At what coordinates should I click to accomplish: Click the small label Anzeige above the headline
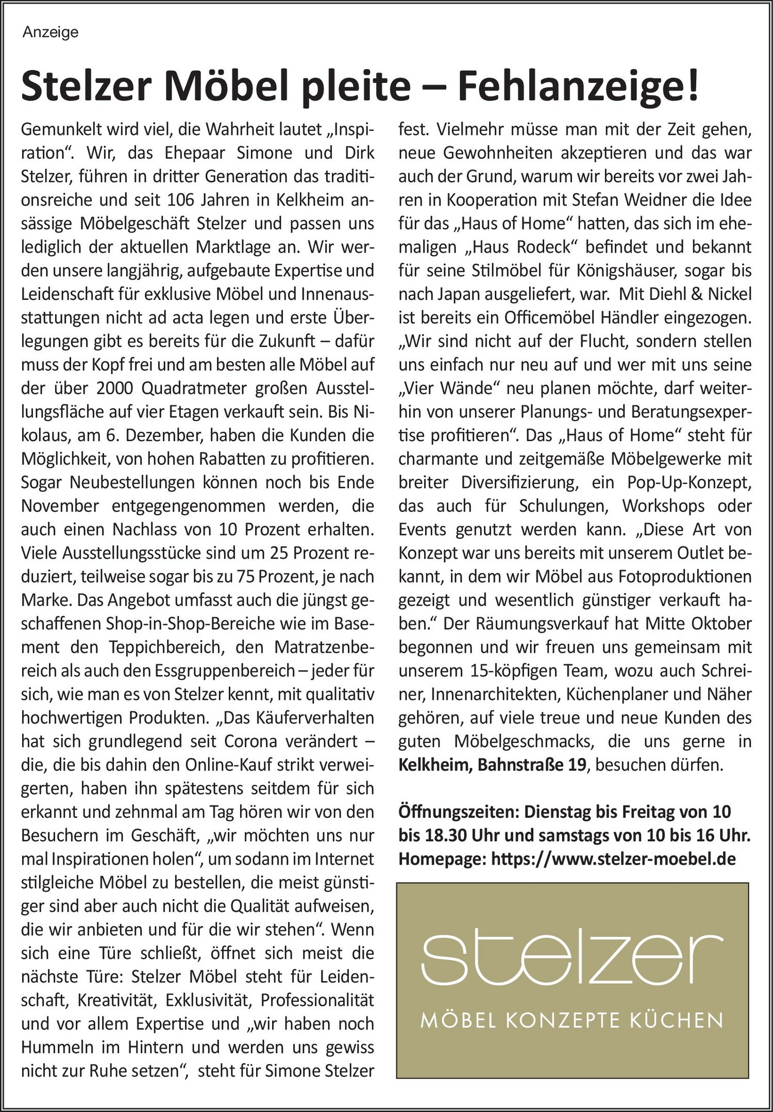tap(51, 32)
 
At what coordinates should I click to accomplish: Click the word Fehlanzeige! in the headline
tap(578, 87)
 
